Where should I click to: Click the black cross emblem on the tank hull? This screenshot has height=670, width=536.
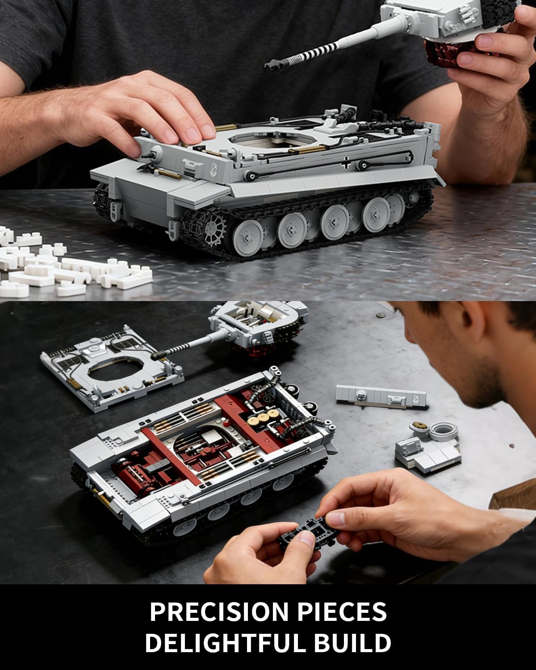point(347,164)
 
